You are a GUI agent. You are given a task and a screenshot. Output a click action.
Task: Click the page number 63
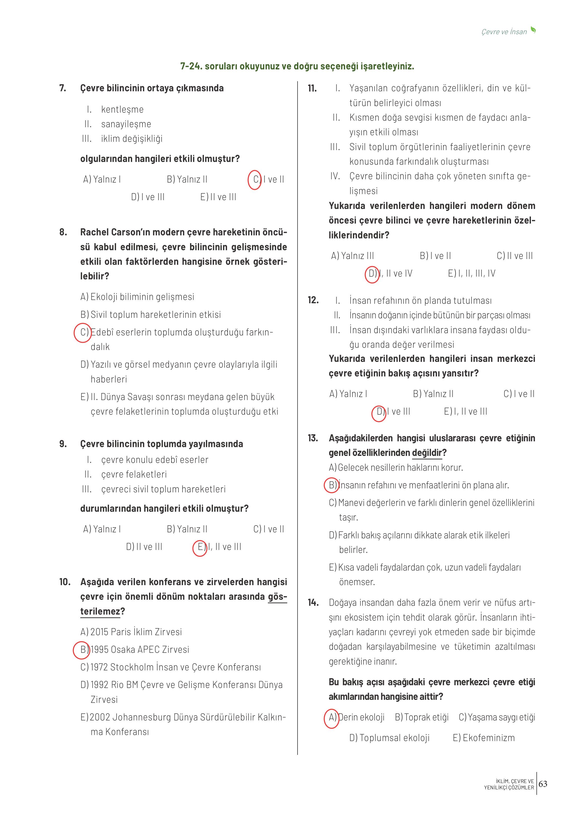[543, 784]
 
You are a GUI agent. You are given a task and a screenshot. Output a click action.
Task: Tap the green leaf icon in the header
[533, 30]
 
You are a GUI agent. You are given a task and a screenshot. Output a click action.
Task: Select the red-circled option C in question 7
[255, 180]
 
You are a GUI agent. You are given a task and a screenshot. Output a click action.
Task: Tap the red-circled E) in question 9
[200, 547]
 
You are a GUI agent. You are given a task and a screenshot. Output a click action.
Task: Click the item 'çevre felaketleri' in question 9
[134, 475]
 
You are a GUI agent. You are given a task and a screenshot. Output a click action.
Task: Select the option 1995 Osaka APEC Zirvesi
[139, 649]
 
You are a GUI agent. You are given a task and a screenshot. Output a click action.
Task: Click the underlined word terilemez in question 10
[100, 612]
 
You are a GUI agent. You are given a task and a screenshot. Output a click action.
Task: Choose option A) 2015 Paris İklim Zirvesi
[131, 632]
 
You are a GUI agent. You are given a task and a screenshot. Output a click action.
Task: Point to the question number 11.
[312, 88]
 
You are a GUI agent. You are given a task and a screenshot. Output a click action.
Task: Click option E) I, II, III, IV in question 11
[472, 274]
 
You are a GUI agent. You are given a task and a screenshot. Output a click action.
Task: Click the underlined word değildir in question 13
[427, 453]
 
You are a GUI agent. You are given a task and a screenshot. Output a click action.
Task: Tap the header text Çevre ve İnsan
[504, 32]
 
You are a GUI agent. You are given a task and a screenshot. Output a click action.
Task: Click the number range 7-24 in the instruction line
[191, 66]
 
